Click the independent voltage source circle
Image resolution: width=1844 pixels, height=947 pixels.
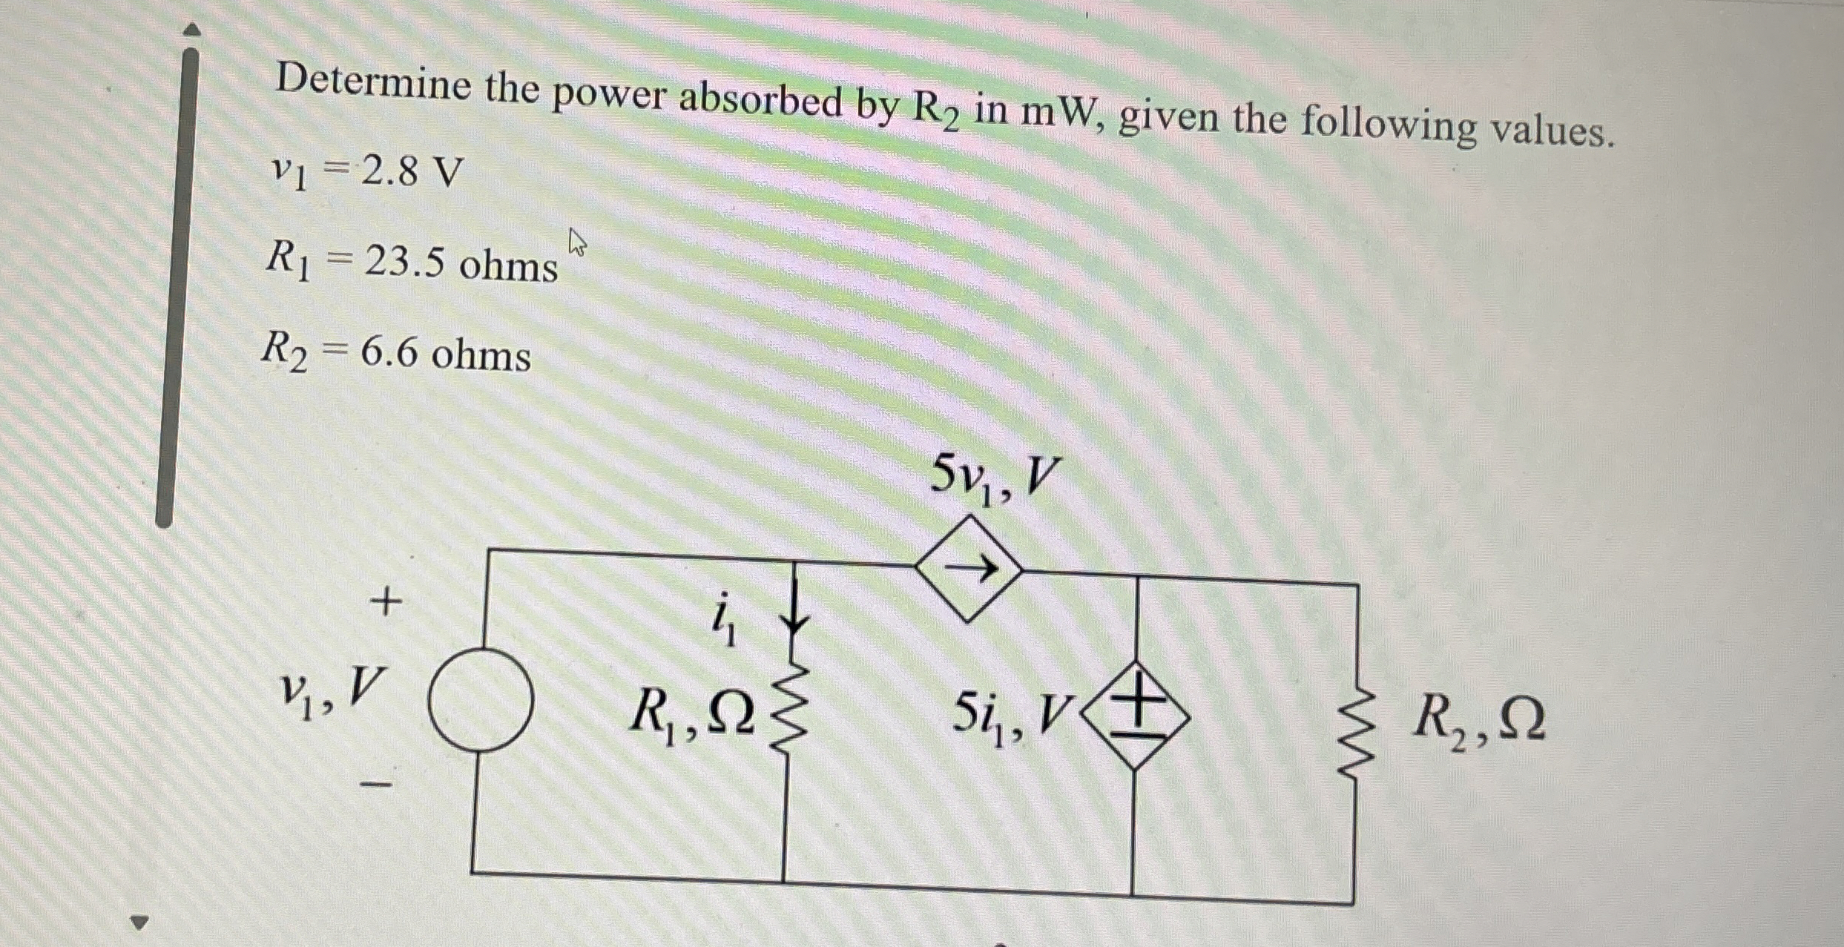[x=481, y=699]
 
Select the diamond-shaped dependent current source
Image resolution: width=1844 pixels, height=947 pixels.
[x=969, y=569]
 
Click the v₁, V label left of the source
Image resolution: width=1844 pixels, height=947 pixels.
[x=331, y=690]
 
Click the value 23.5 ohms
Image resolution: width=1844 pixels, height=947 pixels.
[x=461, y=263]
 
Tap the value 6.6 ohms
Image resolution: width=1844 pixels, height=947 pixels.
[x=446, y=354]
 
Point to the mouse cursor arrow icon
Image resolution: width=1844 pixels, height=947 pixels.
[x=577, y=242]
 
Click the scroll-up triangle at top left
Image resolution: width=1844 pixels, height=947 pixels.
[x=191, y=30]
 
